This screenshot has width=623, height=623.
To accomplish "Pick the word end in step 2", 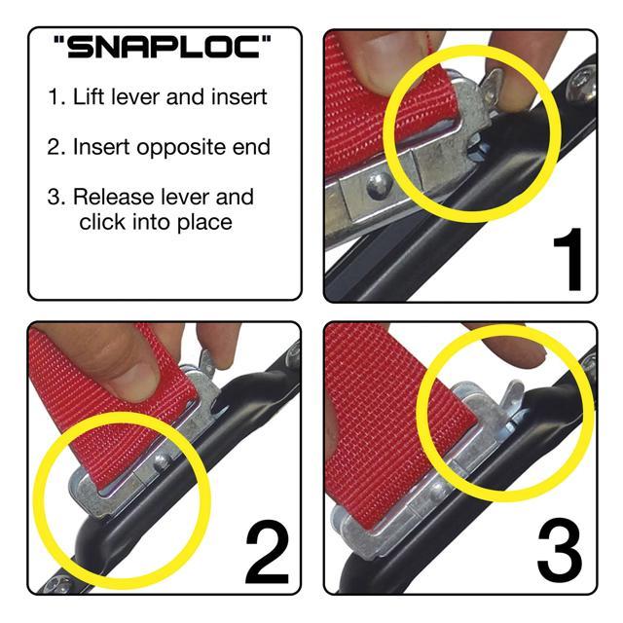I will pyautogui.click(x=248, y=147).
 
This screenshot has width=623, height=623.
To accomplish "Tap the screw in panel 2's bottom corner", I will pyautogui.click(x=51, y=583).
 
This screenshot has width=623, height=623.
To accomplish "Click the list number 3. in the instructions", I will pyautogui.click(x=56, y=197).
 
